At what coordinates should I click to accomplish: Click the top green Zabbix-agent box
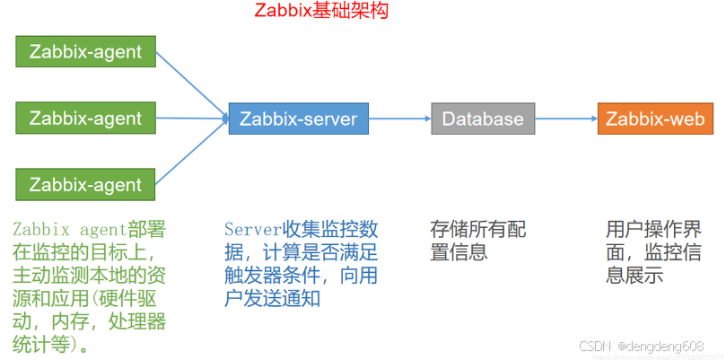tap(85, 51)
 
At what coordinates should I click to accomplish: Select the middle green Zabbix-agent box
tap(85, 118)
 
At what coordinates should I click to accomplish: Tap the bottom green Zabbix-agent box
tap(85, 185)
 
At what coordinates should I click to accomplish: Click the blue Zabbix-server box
tap(298, 119)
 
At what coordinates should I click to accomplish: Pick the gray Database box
tap(483, 119)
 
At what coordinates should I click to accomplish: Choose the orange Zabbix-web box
tap(655, 119)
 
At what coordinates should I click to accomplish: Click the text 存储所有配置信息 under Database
tap(477, 241)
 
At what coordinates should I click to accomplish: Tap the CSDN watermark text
tap(594, 346)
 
